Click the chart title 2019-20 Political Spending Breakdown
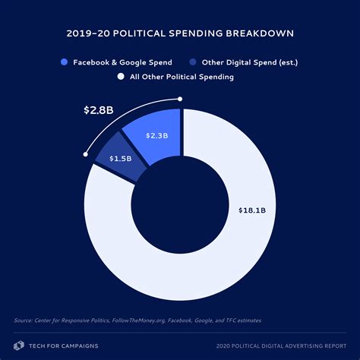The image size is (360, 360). click(x=180, y=33)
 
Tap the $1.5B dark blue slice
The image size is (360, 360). click(x=120, y=159)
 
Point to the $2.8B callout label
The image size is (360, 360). click(x=99, y=110)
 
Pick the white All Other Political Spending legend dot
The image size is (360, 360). click(x=120, y=77)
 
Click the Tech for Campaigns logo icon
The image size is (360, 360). click(x=20, y=344)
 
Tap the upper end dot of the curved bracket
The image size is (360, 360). click(x=180, y=98)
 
